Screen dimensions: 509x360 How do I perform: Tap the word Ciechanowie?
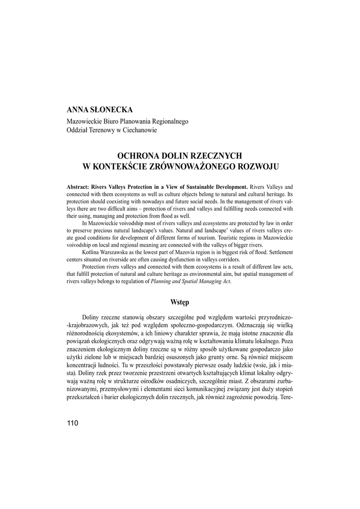coord(140,130)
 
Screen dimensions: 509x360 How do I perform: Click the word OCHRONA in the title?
coord(137,156)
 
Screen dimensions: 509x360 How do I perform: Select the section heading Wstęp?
coord(180,302)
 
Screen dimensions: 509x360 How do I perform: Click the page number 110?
coord(72,423)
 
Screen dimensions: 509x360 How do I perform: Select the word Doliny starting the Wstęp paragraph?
coord(91,317)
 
